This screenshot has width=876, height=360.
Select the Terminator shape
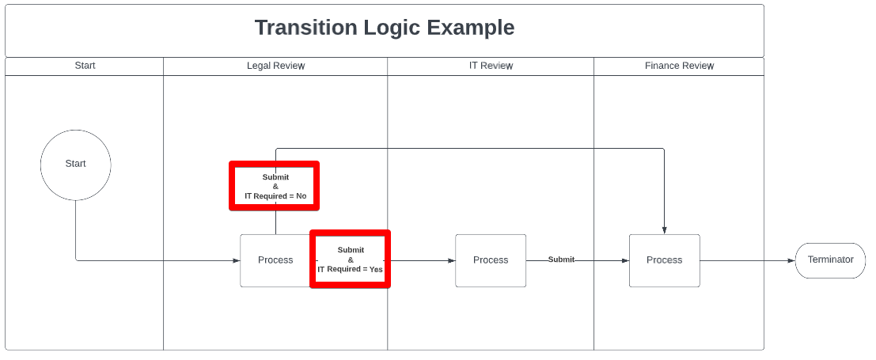830,260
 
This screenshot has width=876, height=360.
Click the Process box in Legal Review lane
275,260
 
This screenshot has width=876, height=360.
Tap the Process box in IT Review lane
491,260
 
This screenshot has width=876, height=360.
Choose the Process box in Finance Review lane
664,260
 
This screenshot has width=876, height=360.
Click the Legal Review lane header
276,66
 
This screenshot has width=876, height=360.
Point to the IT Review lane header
491,66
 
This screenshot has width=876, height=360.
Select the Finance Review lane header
679,66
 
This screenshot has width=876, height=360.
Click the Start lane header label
85,66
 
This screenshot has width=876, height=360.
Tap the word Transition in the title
306,28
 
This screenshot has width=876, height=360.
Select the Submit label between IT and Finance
561,260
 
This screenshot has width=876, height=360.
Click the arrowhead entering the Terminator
791,260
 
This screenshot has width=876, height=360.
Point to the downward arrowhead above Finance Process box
664,230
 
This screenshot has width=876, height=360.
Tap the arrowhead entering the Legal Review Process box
237,260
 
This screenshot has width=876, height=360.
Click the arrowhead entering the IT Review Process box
451,260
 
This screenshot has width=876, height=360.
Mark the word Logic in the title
392,28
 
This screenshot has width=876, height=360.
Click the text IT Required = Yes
351,269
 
